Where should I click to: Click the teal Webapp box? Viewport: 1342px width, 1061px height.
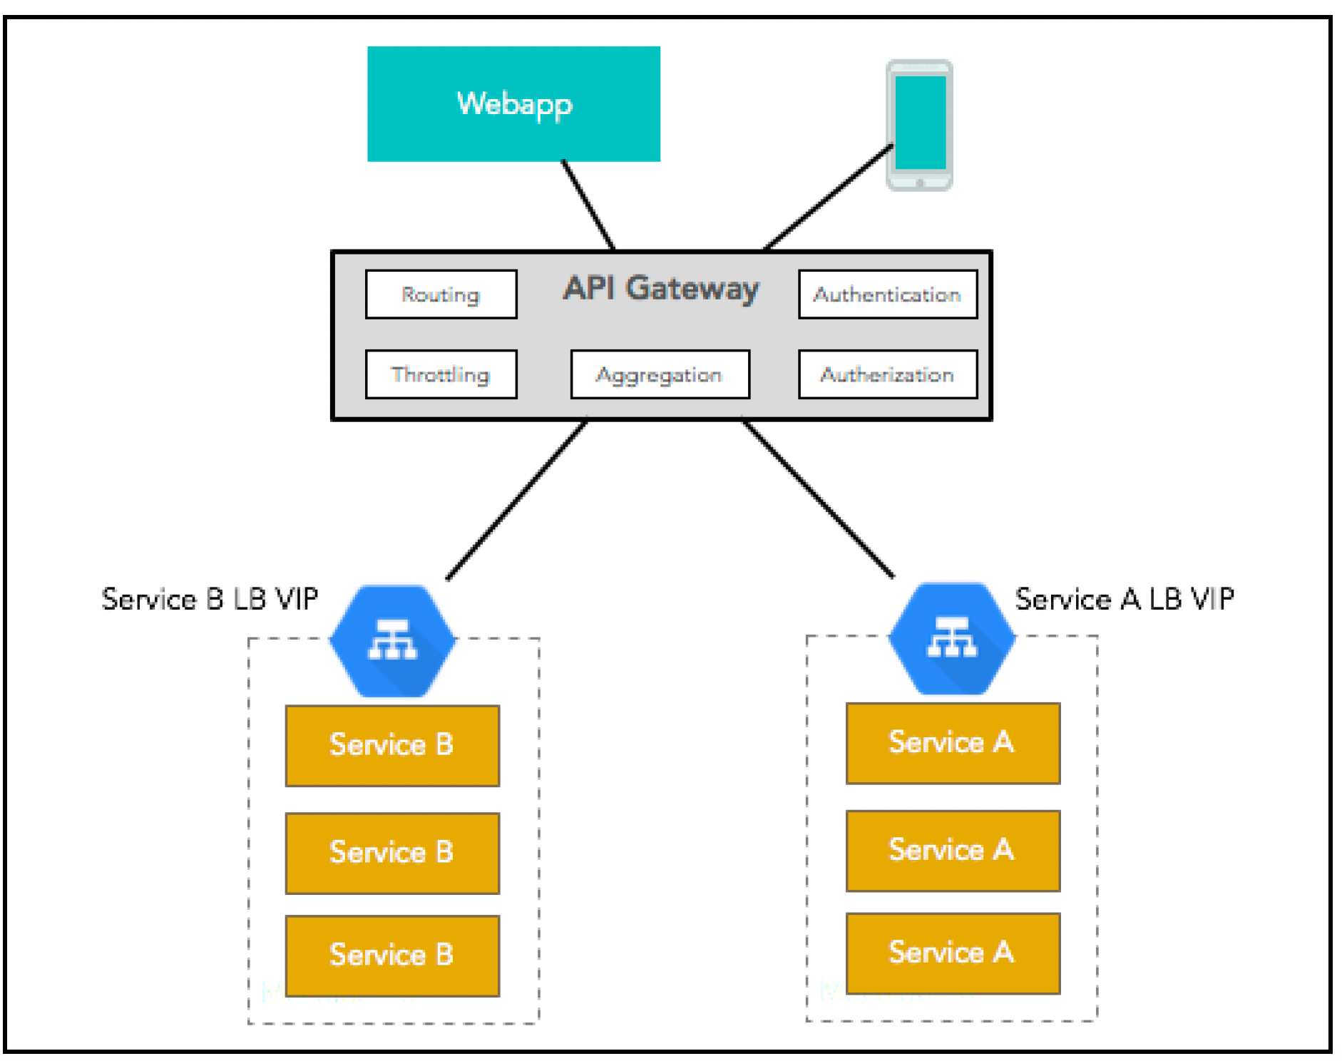coord(513,104)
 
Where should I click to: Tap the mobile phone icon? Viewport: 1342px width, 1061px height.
coord(919,125)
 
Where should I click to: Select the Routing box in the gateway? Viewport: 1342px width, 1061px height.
coord(441,294)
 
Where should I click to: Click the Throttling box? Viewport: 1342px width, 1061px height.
coord(441,374)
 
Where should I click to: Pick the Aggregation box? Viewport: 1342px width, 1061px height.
coord(660,374)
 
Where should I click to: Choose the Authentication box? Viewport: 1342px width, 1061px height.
coord(888,294)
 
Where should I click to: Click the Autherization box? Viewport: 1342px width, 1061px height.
coord(888,374)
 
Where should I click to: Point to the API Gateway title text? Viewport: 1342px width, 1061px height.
coord(661,289)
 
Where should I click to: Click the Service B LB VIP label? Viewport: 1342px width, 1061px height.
coord(210,599)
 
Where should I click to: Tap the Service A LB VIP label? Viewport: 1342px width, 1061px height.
coord(1125,599)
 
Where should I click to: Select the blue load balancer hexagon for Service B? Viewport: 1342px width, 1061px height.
coord(392,641)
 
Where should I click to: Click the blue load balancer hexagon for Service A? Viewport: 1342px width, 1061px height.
coord(952,638)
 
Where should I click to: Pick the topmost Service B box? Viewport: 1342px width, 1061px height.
coord(392,746)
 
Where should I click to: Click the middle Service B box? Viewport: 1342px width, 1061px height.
coord(392,853)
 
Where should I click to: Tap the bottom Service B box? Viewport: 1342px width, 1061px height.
coord(392,955)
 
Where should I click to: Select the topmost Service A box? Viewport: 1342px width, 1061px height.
coord(953,743)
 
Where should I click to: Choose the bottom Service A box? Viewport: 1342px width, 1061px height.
coord(953,953)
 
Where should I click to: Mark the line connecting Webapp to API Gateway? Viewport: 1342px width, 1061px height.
coord(588,205)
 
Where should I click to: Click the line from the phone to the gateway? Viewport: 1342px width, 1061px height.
coord(829,197)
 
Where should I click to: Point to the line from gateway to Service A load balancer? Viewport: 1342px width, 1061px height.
coord(818,498)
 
